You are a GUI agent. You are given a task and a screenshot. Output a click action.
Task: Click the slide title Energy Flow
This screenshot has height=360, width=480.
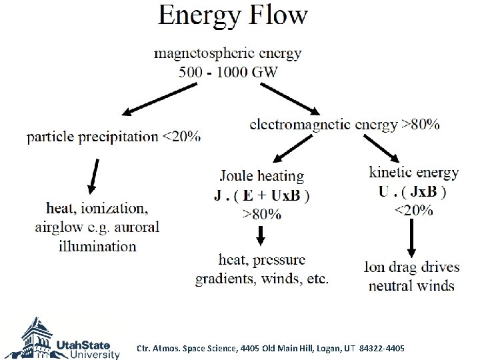(x=233, y=15)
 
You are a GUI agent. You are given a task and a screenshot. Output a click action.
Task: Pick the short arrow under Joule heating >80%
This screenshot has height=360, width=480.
(x=261, y=235)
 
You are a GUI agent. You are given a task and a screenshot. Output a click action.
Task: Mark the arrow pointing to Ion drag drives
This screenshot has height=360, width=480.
(x=411, y=238)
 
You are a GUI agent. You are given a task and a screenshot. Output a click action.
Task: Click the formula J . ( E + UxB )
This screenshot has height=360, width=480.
(x=261, y=196)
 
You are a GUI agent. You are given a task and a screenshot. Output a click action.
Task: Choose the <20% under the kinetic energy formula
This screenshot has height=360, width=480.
(x=413, y=211)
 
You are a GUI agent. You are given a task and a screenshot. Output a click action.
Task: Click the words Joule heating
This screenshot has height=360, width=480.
(x=261, y=177)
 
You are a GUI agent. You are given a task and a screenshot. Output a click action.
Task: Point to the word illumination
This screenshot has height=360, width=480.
(x=97, y=246)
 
